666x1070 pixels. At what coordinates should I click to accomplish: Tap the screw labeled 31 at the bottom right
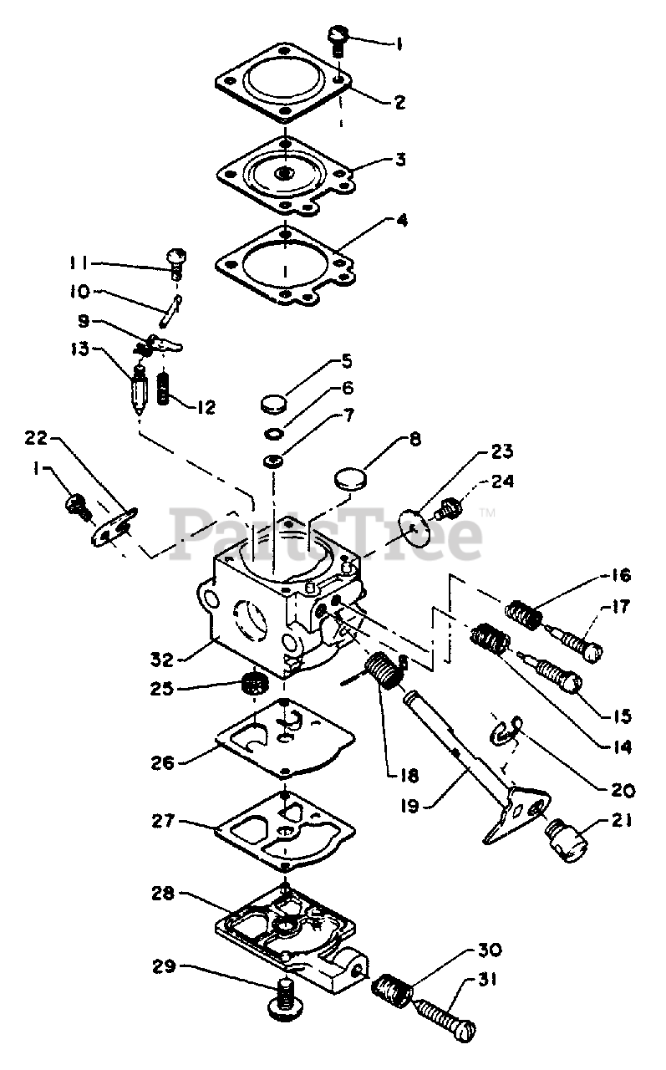pos(442,1015)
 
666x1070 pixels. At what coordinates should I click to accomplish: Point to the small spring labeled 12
pos(165,388)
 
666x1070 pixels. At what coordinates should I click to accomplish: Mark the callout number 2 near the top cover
pos(399,103)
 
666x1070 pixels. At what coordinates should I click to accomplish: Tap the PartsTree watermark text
pos(326,533)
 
